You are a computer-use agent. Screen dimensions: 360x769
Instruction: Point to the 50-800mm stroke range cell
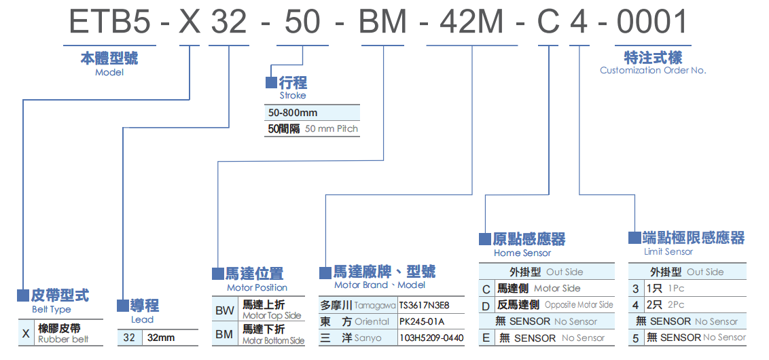pos(293,113)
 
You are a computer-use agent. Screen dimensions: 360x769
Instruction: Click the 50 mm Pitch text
pos(331,128)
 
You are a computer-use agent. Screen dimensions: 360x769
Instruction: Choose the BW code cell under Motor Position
pos(224,311)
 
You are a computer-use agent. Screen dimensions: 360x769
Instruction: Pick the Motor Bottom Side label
pos(273,340)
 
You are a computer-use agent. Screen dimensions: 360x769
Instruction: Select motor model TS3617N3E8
pos(424,306)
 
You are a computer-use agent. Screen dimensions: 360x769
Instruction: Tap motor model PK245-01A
pos(421,321)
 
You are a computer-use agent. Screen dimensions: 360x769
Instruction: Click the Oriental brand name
pos(372,321)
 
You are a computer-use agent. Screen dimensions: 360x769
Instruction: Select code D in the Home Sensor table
pos(486,306)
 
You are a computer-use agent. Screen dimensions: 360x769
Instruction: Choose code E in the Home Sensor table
pos(486,338)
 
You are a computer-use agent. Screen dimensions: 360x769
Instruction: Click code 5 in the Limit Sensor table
pos(636,338)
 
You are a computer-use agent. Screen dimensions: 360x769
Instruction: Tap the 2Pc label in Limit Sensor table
pos(676,306)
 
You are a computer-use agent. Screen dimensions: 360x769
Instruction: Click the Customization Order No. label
pos(653,70)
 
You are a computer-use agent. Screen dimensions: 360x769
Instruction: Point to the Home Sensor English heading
pos(522,253)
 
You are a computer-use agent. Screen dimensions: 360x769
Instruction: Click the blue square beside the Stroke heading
pos(271,83)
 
